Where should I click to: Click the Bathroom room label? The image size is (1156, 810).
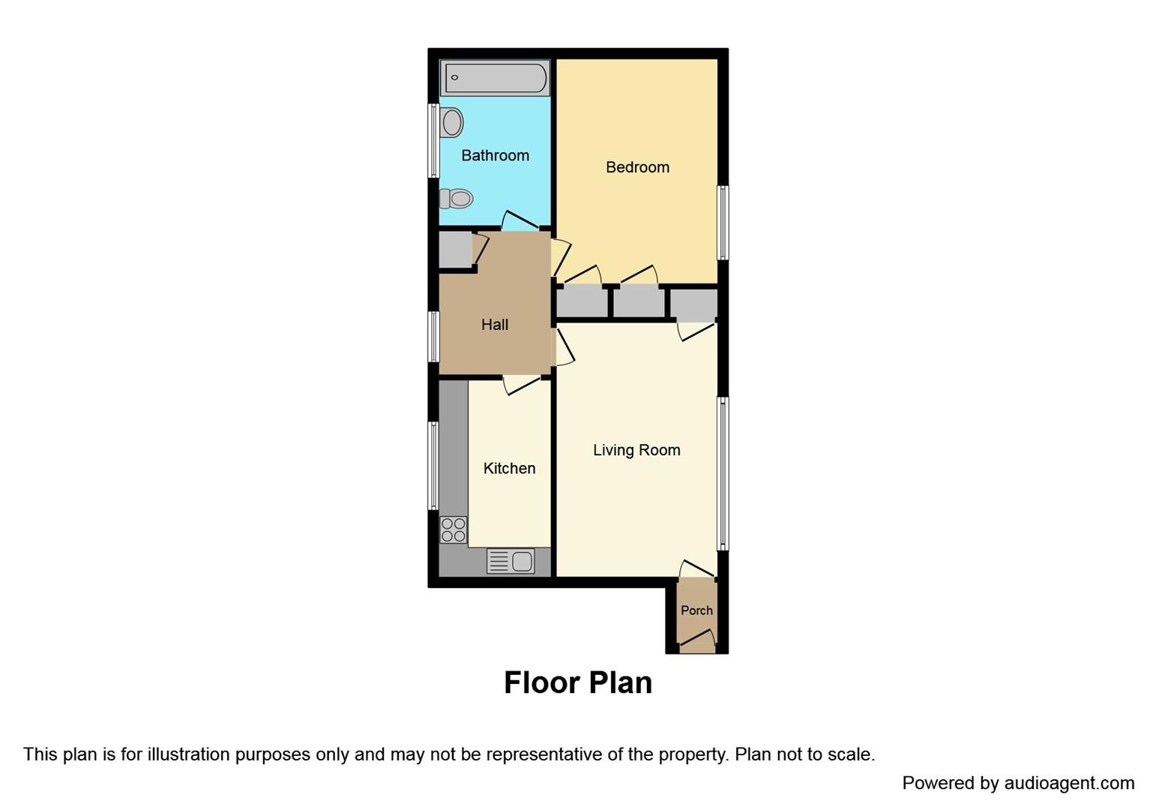click(x=495, y=156)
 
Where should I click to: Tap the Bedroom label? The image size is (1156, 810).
click(x=637, y=167)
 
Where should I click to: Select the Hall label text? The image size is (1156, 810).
click(x=495, y=325)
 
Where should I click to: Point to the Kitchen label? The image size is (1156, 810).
click(x=509, y=469)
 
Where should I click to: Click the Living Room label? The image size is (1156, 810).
click(x=636, y=450)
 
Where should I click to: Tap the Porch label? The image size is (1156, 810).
click(x=696, y=610)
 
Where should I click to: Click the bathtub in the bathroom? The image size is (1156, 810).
click(x=495, y=78)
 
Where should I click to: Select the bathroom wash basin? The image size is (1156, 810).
click(x=451, y=122)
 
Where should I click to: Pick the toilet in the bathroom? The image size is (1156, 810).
click(x=456, y=199)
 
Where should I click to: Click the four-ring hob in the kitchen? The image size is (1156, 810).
click(x=453, y=529)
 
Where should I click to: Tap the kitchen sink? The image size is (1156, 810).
click(x=511, y=561)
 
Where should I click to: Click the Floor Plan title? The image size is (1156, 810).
click(x=577, y=682)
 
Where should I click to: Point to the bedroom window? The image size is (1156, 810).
click(x=723, y=222)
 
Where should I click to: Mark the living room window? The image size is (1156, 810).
click(x=723, y=473)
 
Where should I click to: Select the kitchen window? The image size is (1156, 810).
click(x=433, y=465)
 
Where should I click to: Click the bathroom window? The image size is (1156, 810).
click(x=433, y=140)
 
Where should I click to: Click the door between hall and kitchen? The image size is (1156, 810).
click(x=523, y=384)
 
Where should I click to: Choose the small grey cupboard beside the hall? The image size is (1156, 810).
click(x=454, y=250)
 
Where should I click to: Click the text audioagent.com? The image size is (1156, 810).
click(x=1069, y=784)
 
